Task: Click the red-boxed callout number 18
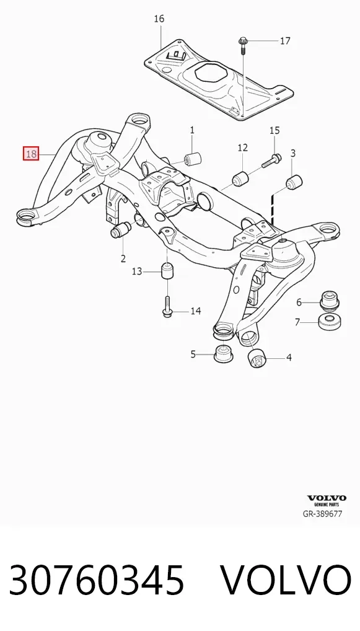point(31,154)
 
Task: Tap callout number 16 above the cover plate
point(159,19)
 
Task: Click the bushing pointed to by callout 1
point(193,159)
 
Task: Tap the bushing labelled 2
point(121,230)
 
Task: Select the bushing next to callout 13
point(167,270)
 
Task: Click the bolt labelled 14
point(168,305)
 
